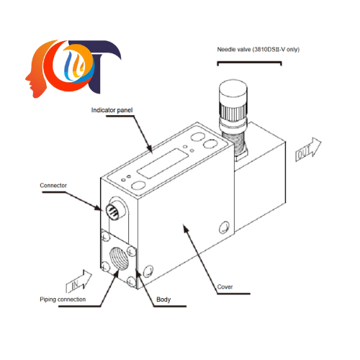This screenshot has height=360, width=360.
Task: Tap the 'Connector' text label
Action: tap(53, 185)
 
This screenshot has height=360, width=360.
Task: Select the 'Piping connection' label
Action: tap(63, 299)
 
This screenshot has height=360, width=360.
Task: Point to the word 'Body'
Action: tap(163, 299)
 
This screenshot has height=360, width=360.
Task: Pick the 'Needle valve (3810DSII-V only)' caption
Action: tap(259, 50)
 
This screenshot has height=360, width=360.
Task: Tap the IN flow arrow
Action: tap(81, 277)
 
